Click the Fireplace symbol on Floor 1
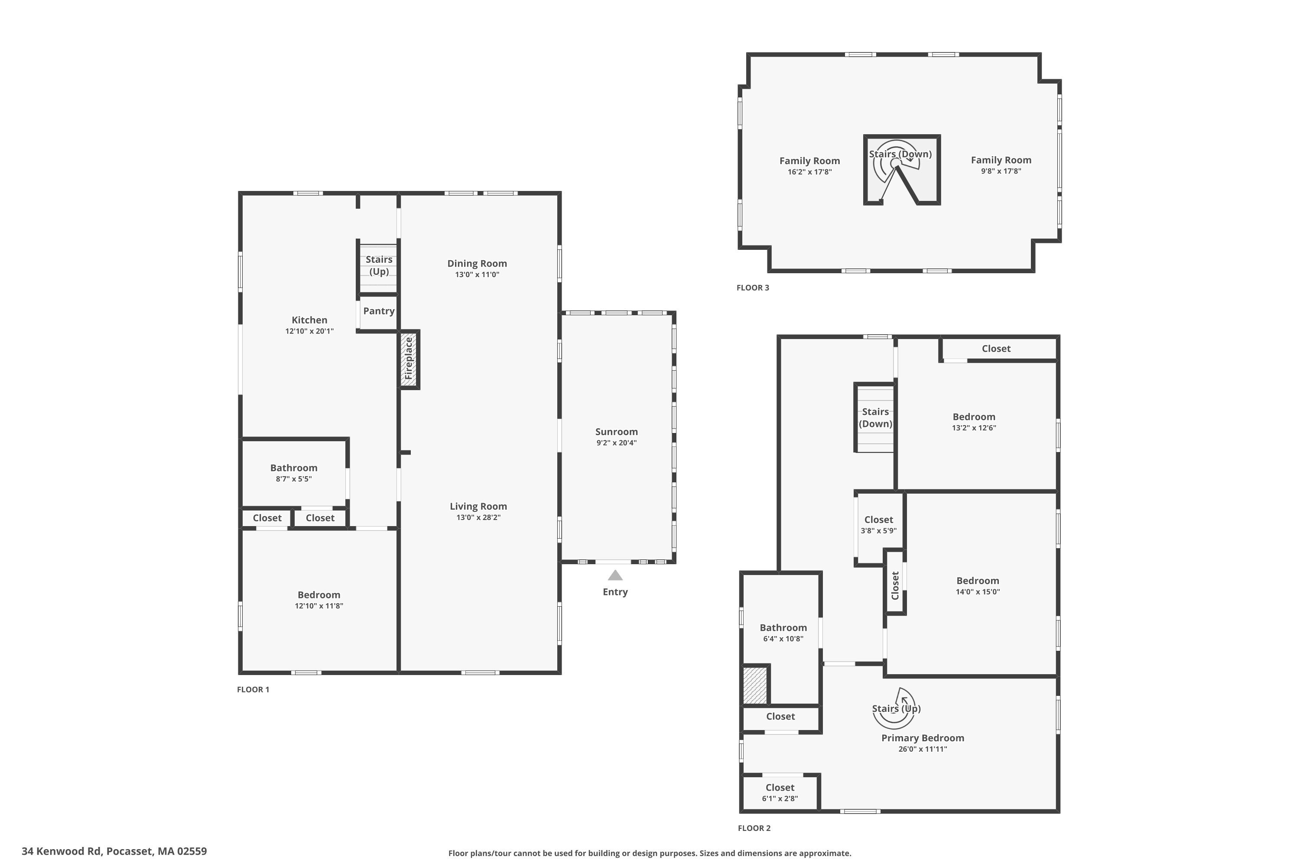409,359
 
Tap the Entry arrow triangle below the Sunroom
615,575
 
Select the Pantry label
379,311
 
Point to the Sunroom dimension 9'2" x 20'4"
616,443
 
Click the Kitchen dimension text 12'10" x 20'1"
309,331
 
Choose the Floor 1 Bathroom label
293,468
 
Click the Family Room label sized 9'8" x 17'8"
1001,160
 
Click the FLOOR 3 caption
752,287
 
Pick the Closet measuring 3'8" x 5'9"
878,525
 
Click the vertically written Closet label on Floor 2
895,585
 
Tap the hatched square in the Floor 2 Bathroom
754,685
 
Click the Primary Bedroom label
922,738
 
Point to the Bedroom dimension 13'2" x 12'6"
973,427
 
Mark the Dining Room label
477,263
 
